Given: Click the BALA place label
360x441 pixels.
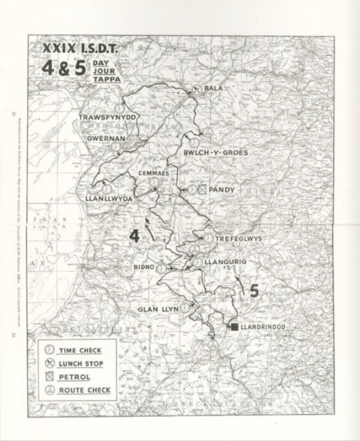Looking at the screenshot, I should [x=213, y=89].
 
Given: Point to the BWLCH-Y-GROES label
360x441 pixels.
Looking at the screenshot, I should [x=215, y=153].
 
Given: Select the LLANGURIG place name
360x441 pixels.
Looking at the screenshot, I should [x=227, y=262].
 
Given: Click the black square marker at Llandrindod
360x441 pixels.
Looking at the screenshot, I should [x=234, y=327].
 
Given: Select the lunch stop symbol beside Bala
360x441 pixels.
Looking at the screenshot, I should [x=197, y=89].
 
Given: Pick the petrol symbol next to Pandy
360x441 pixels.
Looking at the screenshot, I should [x=202, y=189].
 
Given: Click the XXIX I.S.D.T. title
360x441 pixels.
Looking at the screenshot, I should [x=80, y=50].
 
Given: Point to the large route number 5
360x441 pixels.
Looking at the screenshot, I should [x=254, y=291].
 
